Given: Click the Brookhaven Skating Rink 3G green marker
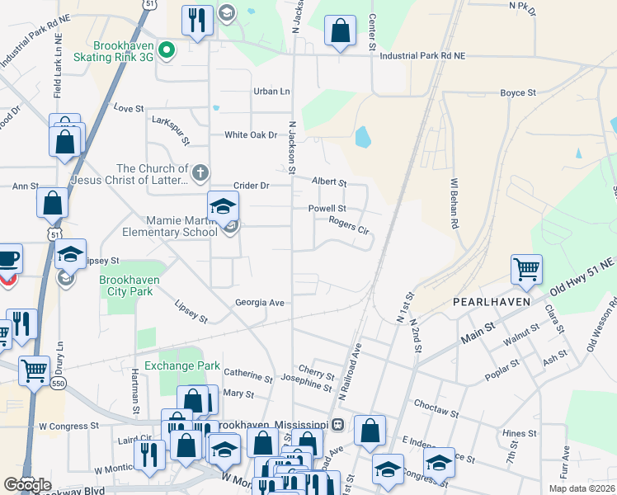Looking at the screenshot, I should [x=166, y=50].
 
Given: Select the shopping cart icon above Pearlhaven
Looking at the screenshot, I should [x=526, y=268].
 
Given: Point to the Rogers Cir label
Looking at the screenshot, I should [x=348, y=223].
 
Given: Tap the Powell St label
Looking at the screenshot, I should [x=327, y=209].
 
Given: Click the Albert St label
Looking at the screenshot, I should [x=327, y=181].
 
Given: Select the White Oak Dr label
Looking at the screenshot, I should [x=251, y=135].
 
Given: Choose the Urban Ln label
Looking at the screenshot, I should [x=272, y=92].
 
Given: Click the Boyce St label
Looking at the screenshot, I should [x=519, y=93].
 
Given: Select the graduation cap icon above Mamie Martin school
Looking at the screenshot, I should [x=223, y=206].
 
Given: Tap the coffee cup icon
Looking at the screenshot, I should [x=7, y=258].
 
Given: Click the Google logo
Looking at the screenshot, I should [x=27, y=485].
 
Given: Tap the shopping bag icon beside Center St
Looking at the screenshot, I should [x=340, y=31].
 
